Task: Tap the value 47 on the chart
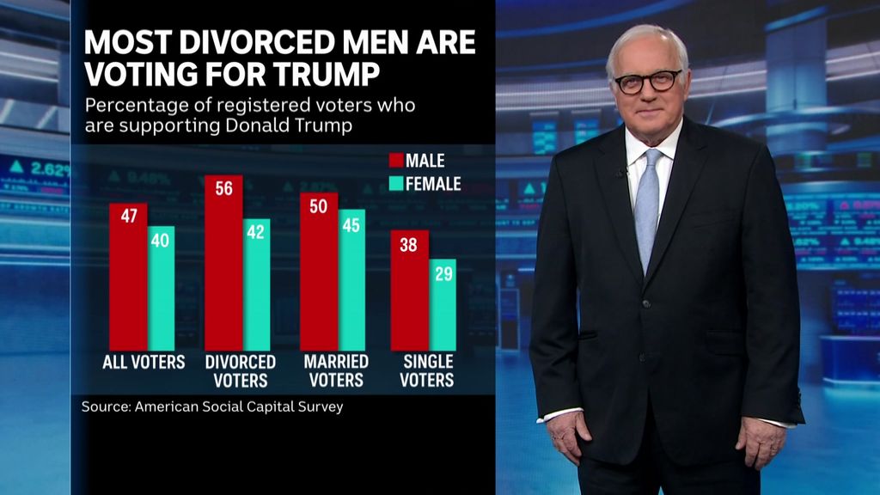pos(128,217)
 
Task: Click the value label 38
pos(409,244)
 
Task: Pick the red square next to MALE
pos(396,161)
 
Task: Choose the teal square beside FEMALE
pos(396,183)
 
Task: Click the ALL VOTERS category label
pos(144,362)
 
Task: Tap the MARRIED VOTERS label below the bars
pos(335,370)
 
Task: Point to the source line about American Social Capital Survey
pos(212,406)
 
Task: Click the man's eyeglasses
pos(647,82)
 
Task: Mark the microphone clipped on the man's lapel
pos(620,173)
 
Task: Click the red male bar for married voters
pos(318,275)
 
